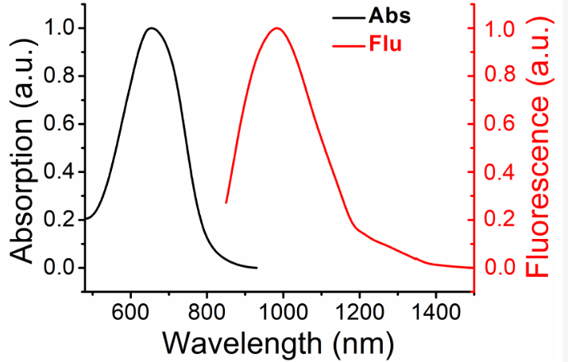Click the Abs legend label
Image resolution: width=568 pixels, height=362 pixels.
coord(389,16)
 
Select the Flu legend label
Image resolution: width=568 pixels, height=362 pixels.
coord(385,44)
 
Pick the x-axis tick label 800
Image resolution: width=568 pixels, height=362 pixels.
coord(207,310)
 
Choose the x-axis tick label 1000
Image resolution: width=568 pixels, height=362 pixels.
coord(282,310)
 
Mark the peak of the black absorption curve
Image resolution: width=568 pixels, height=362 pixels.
coord(151,29)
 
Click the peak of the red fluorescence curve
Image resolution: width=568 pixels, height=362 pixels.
coord(277,29)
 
